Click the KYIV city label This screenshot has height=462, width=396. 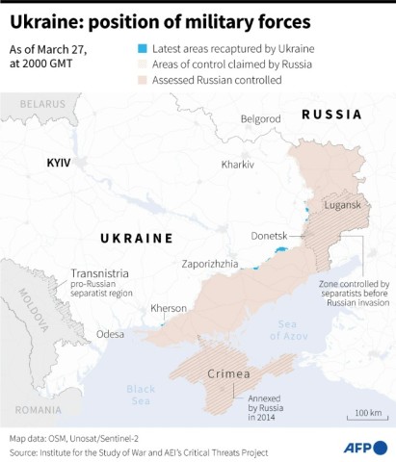tap(60, 165)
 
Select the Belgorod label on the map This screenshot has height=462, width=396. tap(260, 119)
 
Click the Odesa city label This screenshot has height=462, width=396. tap(110, 334)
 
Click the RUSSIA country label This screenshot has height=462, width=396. tap(331, 115)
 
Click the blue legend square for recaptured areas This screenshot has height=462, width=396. tap(143, 47)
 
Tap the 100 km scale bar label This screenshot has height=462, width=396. tap(368, 413)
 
